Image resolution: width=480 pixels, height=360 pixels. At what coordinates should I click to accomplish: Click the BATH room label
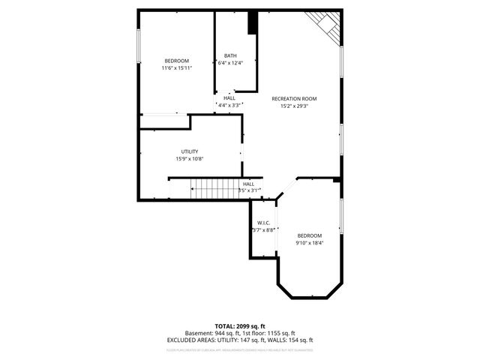point(229,55)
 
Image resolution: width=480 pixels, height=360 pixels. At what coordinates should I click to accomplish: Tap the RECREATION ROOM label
point(294,99)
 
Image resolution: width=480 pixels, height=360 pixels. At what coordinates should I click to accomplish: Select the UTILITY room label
point(189,151)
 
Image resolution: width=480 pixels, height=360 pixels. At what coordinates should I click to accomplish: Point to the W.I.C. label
point(263,223)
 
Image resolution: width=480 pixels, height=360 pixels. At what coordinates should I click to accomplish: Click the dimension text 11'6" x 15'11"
point(177,68)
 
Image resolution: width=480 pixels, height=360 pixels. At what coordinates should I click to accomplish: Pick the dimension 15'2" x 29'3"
point(294,106)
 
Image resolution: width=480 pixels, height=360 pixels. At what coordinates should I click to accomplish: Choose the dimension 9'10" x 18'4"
point(309,242)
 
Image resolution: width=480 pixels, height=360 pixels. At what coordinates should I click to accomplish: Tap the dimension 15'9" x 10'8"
point(189,159)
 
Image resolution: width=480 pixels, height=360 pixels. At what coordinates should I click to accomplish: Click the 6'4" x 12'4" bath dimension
point(230,63)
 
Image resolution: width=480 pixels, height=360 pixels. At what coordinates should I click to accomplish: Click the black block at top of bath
point(253,22)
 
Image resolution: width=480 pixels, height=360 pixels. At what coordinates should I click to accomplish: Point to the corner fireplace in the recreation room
point(328,27)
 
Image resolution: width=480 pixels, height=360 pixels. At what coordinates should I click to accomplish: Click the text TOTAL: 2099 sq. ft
point(239,326)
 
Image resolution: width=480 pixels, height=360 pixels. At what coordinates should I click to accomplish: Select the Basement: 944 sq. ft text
point(211,333)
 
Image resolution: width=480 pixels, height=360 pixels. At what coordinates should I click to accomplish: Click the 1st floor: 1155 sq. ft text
point(267,333)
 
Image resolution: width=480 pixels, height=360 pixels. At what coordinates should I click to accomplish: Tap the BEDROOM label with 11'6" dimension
point(177,61)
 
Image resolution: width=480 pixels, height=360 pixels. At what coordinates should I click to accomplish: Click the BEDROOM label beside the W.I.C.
point(309,235)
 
